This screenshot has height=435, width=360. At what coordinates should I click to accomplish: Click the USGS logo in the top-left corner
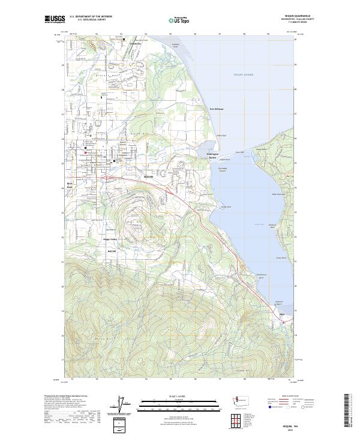55,20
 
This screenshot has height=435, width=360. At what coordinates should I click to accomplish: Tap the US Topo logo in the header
180,20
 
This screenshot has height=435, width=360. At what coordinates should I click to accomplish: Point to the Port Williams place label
217,109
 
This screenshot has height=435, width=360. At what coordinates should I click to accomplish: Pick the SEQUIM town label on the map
149,177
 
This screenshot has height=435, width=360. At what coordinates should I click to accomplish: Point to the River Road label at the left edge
70,185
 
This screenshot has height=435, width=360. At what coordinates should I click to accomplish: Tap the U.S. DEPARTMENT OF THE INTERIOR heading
91,17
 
